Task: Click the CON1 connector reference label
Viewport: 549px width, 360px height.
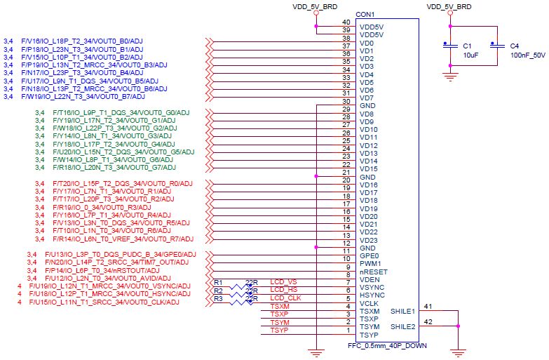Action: pyautogui.click(x=365, y=14)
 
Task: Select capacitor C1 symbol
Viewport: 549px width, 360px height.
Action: pyautogui.click(x=450, y=46)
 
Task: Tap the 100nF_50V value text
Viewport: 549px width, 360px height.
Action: pyautogui.click(x=528, y=55)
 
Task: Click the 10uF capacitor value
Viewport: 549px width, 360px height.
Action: pyautogui.click(x=470, y=55)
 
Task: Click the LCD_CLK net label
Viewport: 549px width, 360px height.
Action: pyautogui.click(x=285, y=298)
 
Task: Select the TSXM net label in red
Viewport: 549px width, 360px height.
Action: pyautogui.click(x=280, y=307)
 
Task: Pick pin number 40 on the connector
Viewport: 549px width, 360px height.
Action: pyautogui.click(x=346, y=22)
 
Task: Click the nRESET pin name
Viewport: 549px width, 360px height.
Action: pyautogui.click(x=374, y=272)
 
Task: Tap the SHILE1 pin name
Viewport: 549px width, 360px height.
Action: pyautogui.click(x=402, y=312)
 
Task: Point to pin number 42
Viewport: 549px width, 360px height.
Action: pyautogui.click(x=428, y=322)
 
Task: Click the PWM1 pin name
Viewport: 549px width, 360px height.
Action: pyautogui.click(x=370, y=264)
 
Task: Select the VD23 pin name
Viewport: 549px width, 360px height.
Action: pyautogui.click(x=369, y=241)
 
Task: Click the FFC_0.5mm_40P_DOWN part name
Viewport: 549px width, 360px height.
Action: pyautogui.click(x=387, y=346)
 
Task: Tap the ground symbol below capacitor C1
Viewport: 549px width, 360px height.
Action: pyautogui.click(x=450, y=77)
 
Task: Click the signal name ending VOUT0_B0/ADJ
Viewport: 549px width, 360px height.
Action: pyautogui.click(x=82, y=41)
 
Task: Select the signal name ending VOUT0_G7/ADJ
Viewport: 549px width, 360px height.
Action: pyautogui.click(x=114, y=168)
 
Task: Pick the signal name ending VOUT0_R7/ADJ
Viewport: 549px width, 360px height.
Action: pyautogui.click(x=123, y=239)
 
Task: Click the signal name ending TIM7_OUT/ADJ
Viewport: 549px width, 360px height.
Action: pyautogui.click(x=116, y=262)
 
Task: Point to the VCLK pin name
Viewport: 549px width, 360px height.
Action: pyautogui.click(x=369, y=304)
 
